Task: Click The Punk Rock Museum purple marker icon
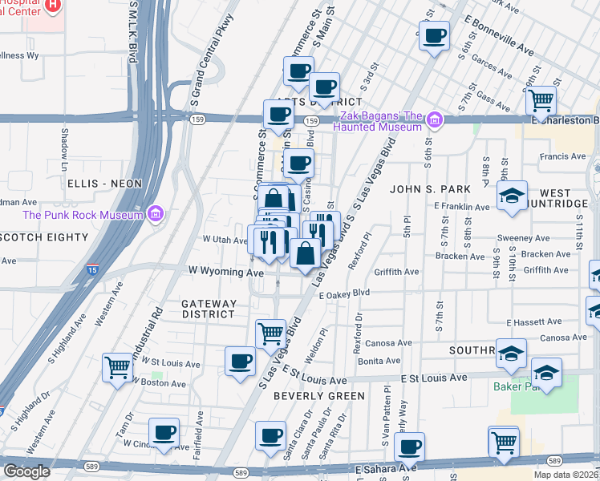point(156,214)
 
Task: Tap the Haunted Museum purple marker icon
point(435,121)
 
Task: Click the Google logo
point(26,471)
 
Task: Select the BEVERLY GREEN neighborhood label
point(318,396)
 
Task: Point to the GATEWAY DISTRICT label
point(209,309)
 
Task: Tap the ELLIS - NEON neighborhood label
point(105,184)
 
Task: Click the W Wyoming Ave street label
point(225,273)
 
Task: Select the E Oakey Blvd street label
point(344,294)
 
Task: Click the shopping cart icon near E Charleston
point(541,100)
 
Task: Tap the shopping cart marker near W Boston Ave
point(117,367)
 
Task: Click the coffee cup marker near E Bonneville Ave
point(434,35)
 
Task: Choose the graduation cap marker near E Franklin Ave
point(511,196)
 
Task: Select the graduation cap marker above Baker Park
point(546,373)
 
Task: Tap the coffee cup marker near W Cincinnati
point(164,432)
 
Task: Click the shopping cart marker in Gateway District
point(271,333)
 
